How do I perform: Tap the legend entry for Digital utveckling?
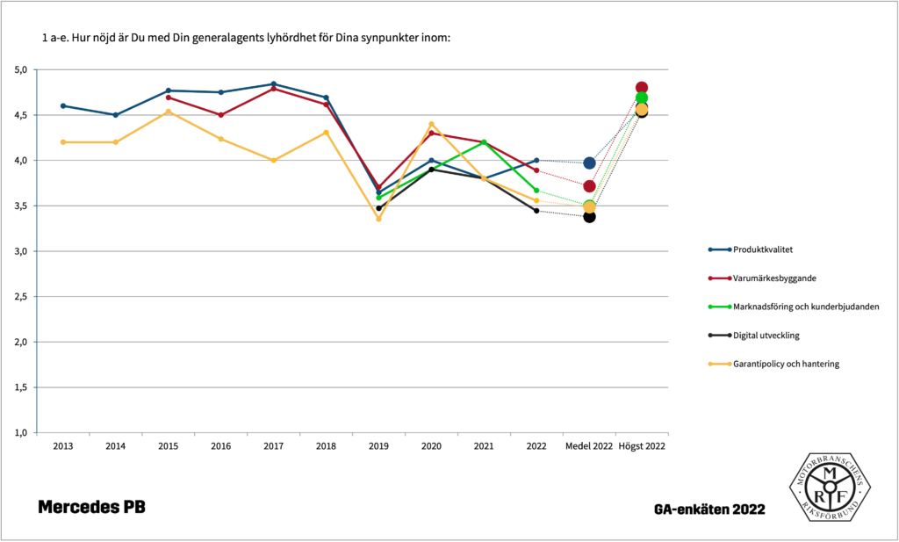click(x=766, y=335)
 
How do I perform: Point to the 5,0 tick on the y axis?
click(x=21, y=69)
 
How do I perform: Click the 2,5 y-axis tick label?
click(x=21, y=297)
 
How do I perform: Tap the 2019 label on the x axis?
click(x=378, y=446)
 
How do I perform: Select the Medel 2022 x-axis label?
click(x=589, y=446)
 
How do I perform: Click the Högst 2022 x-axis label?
click(x=642, y=446)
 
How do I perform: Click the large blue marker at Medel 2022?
click(x=589, y=163)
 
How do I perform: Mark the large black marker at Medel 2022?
click(x=589, y=216)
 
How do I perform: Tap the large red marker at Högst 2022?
click(x=642, y=88)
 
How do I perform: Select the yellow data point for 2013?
click(x=63, y=142)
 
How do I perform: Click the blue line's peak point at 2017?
click(x=274, y=84)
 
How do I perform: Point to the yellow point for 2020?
click(x=431, y=124)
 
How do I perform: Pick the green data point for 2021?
click(x=484, y=142)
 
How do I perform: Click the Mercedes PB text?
click(x=91, y=507)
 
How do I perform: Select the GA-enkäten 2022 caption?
click(x=709, y=509)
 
